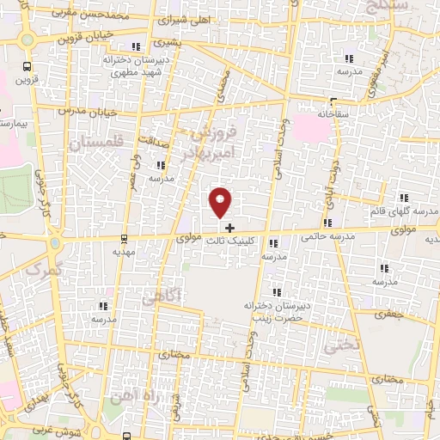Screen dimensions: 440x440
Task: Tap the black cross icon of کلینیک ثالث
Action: click(229, 228)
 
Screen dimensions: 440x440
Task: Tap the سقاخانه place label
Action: click(313, 113)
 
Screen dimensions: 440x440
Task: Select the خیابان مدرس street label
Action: click(85, 113)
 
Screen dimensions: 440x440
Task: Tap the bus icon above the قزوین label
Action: click(27, 65)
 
